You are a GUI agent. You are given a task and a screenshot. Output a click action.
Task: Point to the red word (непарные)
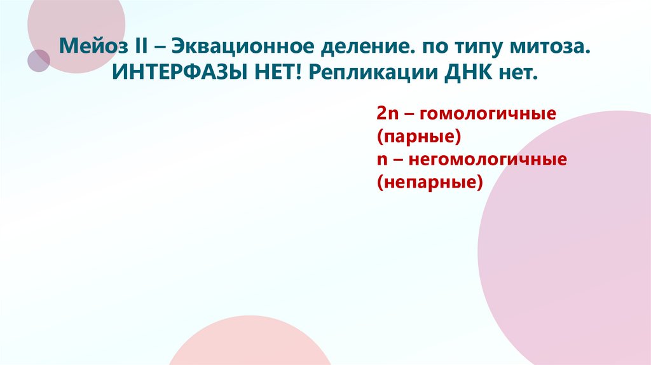tap(430, 182)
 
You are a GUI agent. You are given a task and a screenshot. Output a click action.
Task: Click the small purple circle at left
tap(39, 60)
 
